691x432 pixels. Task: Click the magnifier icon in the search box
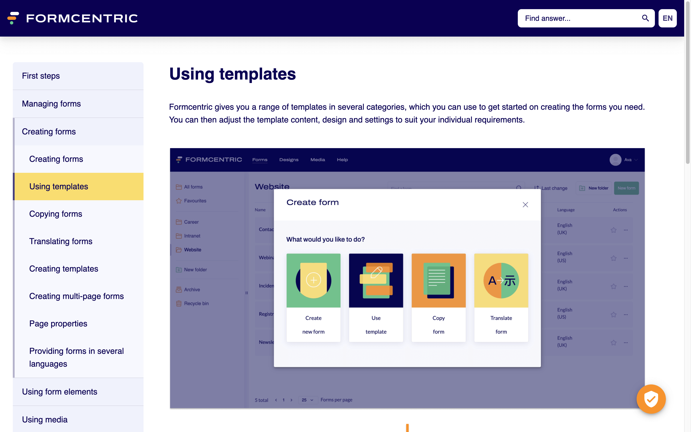pos(645,18)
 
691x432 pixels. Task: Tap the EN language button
pos(667,18)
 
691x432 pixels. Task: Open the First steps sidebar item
pos(41,76)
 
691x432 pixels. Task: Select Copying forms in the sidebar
pos(56,214)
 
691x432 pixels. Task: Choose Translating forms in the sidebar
pos(61,241)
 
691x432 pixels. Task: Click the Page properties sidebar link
pos(58,324)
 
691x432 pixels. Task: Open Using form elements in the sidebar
pos(60,392)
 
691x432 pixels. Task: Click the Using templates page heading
pos(232,74)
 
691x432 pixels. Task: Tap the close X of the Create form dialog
pos(525,205)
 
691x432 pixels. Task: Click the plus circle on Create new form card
pos(314,280)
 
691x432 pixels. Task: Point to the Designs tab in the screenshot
pos(289,160)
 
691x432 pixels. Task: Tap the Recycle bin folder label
pos(196,304)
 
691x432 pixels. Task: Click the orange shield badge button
pos(651,399)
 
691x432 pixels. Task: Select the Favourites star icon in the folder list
pos(179,201)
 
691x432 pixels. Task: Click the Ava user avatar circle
pos(615,160)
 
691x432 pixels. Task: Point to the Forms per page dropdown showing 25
pos(307,400)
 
